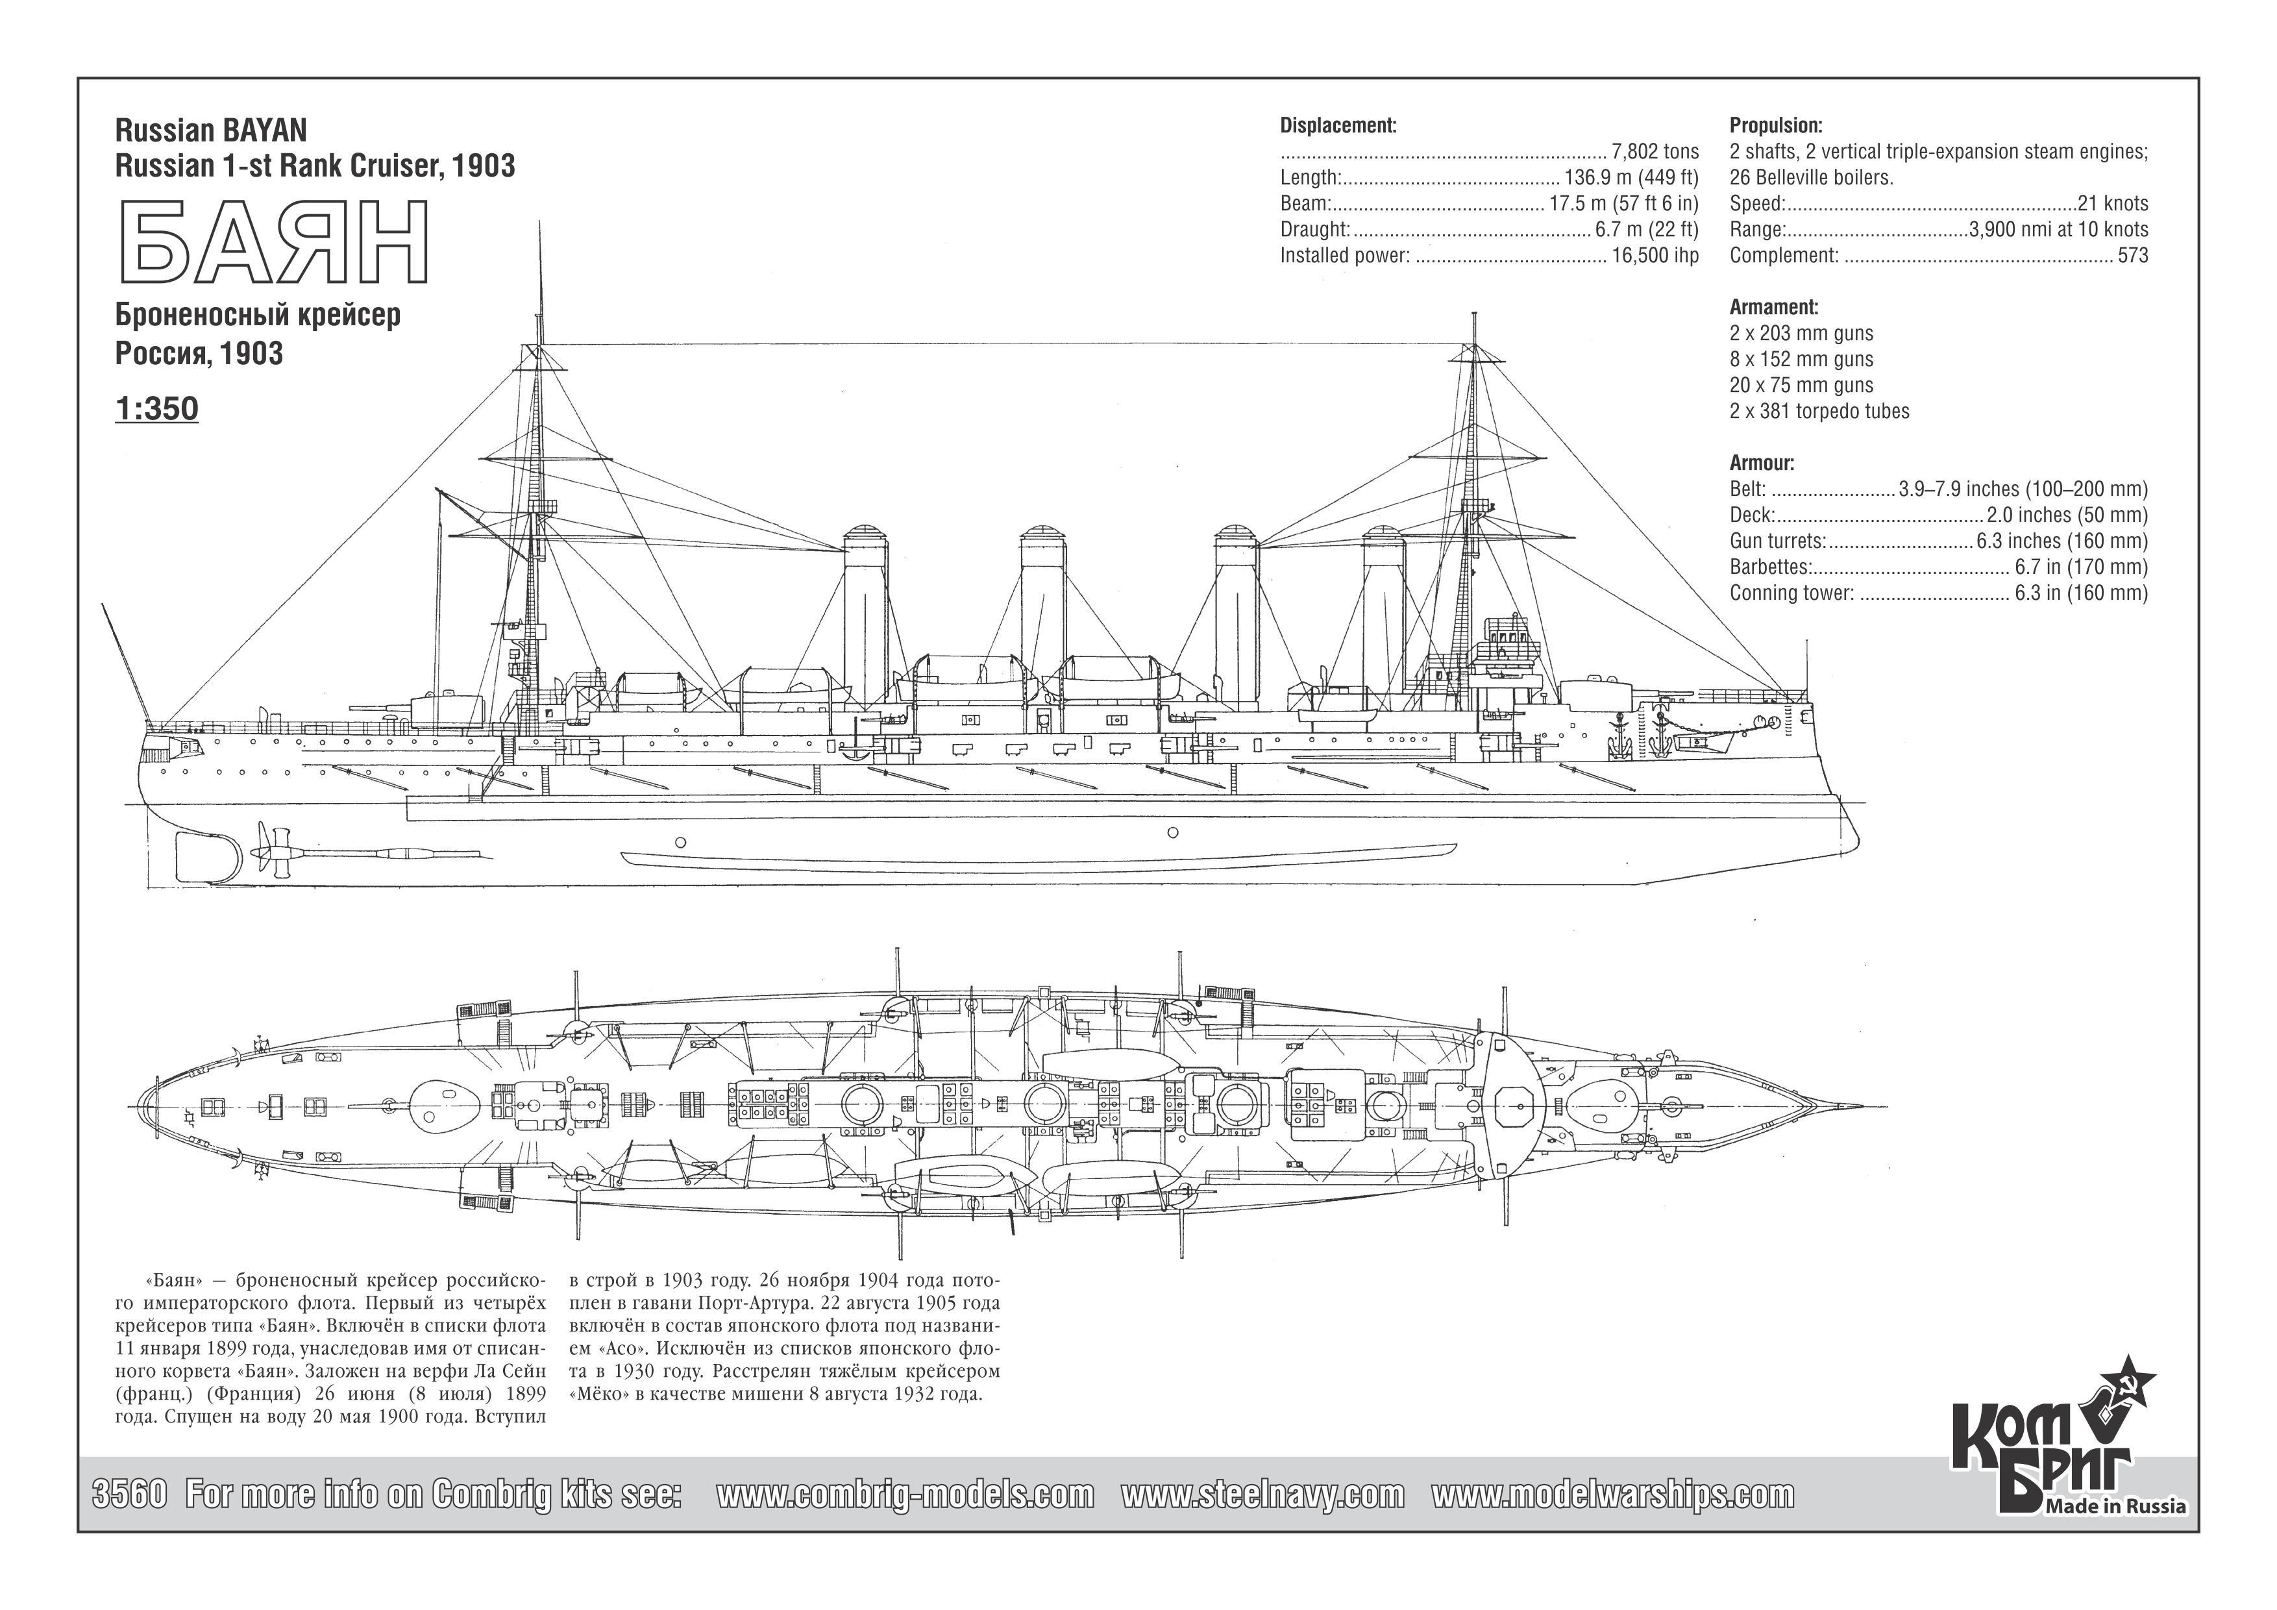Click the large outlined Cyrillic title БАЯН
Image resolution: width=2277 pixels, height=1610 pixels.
tap(273, 243)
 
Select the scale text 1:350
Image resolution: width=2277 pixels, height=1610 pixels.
tap(156, 409)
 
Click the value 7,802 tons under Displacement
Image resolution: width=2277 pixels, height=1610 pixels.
tap(1655, 152)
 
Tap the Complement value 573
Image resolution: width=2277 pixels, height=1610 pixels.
tap(2132, 255)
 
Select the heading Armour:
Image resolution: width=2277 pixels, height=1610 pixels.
tap(1762, 462)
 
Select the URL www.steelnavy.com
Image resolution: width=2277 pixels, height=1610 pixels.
tap(1262, 1494)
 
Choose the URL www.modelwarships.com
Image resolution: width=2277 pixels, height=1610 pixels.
tap(1612, 1494)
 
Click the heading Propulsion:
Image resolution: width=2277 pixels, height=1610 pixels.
tap(1776, 126)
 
